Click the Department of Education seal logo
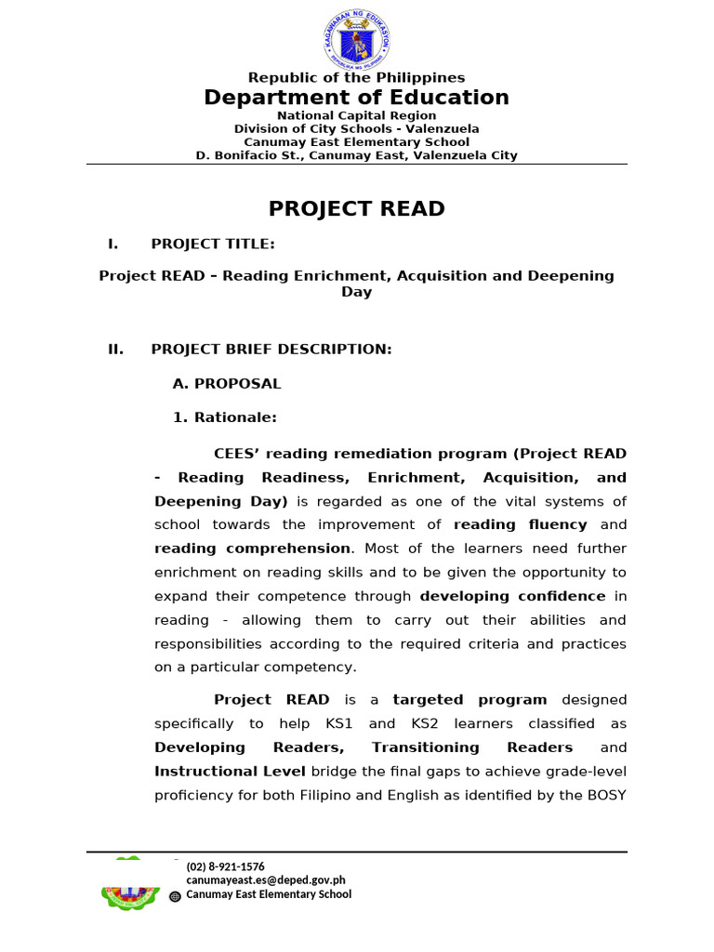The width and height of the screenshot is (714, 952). [x=357, y=36]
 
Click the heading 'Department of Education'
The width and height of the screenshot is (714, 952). [x=357, y=98]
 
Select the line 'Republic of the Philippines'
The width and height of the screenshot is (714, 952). [x=357, y=78]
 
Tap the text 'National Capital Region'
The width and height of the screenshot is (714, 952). [x=357, y=115]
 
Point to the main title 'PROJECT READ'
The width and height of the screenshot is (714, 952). [x=357, y=209]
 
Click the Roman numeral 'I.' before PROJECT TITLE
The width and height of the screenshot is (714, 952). [x=113, y=244]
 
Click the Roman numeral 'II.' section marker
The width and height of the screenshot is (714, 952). [x=116, y=349]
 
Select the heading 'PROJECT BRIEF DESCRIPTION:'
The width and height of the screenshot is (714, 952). [x=271, y=349]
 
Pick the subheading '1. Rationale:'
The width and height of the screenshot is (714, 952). [x=225, y=417]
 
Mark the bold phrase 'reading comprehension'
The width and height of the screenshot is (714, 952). [x=253, y=549]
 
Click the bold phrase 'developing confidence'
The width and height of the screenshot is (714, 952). [x=512, y=596]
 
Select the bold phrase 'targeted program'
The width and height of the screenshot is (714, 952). [x=469, y=699]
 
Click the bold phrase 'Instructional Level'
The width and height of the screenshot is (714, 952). [x=230, y=771]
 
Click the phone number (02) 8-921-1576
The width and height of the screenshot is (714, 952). [x=226, y=866]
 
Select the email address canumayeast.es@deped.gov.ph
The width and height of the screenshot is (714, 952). [x=266, y=880]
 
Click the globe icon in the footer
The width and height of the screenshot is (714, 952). [x=176, y=896]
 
